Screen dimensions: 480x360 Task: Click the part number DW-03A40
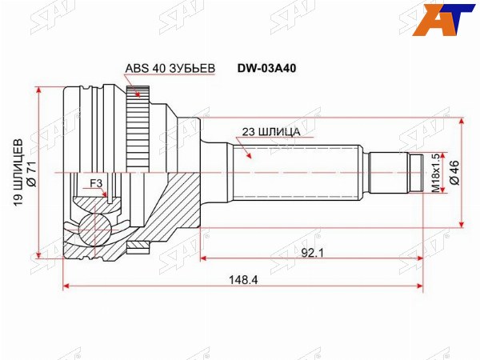(x=267, y=69)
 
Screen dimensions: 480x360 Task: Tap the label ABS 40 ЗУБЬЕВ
(x=170, y=69)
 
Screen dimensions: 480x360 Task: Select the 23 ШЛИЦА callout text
(x=271, y=132)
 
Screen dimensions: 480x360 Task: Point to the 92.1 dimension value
(x=312, y=253)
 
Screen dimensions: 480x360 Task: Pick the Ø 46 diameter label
(x=455, y=172)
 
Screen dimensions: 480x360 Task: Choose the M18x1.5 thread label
(x=436, y=173)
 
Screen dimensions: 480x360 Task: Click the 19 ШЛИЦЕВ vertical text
(x=18, y=173)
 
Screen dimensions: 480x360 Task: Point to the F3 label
(x=96, y=183)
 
